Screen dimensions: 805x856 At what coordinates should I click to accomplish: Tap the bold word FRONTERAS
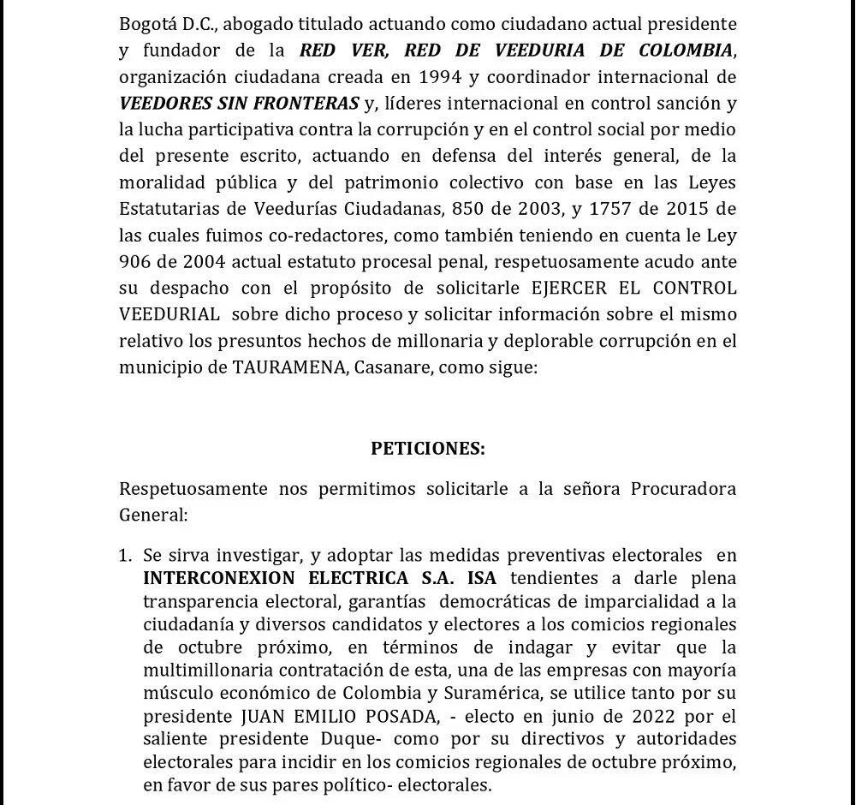tap(308, 104)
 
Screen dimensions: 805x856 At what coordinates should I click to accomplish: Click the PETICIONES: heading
tap(428, 448)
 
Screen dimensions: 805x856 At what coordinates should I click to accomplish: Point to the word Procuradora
tap(683, 489)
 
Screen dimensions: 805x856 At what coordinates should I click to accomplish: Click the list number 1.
tap(126, 557)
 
